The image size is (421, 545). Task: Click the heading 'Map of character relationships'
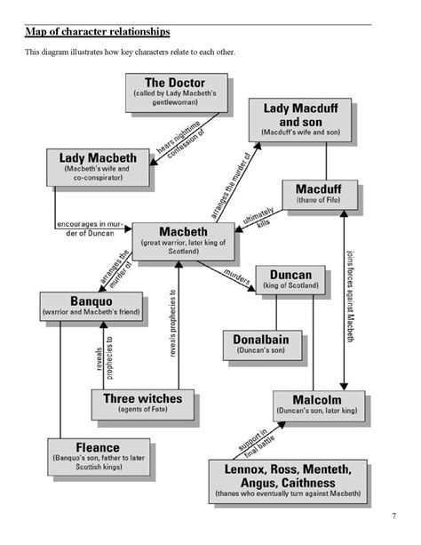tap(97, 32)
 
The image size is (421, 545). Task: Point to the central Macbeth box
tap(184, 240)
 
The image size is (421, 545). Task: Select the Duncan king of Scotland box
tap(290, 280)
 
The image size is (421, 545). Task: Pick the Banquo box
tap(92, 305)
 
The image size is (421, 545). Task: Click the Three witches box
tap(142, 404)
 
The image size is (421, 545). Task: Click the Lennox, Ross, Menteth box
tap(288, 480)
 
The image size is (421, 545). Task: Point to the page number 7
tap(393, 517)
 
